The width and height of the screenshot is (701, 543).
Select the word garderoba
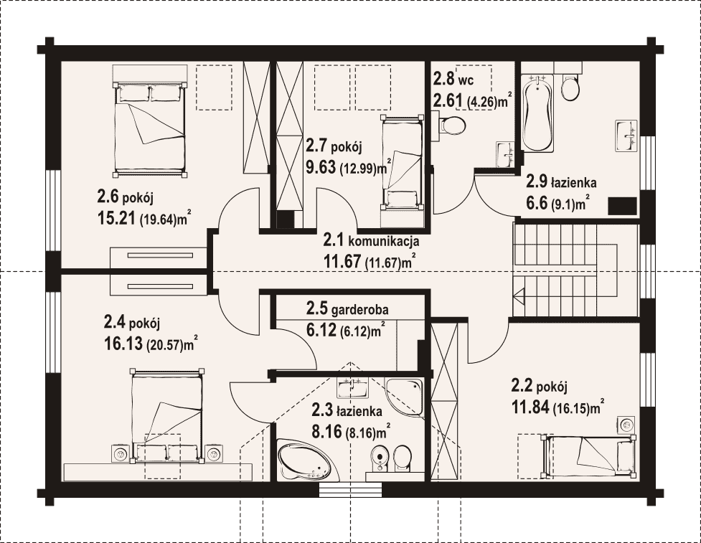point(359,309)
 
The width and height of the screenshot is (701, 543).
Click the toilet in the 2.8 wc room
point(453,125)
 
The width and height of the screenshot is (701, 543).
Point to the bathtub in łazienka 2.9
point(537,113)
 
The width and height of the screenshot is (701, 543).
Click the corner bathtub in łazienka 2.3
point(304,460)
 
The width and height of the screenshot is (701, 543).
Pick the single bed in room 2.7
point(402,162)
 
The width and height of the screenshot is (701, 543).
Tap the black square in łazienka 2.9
point(622,206)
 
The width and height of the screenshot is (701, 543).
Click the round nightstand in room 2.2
point(626,424)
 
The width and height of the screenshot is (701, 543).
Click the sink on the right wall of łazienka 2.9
point(626,136)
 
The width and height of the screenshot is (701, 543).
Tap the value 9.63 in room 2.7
point(321,167)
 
